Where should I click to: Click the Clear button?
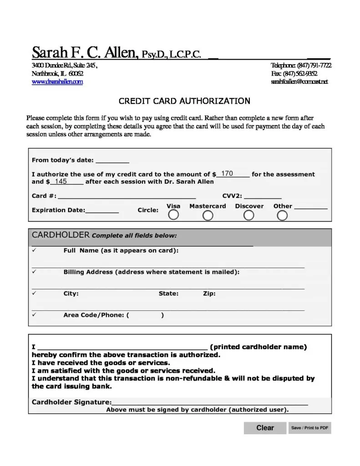coord(265,428)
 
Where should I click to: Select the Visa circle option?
coord(173,215)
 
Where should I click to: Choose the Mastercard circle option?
coord(208,216)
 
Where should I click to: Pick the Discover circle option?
coord(248,216)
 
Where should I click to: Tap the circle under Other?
coord(282,216)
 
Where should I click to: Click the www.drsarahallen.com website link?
coord(57,82)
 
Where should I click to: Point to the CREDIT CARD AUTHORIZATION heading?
coord(184,101)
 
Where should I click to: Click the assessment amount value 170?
coord(227,174)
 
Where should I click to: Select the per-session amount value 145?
coord(61,182)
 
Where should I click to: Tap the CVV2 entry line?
coord(263,197)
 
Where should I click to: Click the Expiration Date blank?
coord(102,210)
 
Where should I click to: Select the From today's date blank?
coord(112,160)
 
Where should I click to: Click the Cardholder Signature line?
coord(209,402)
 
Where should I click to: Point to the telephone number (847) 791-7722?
coord(314,66)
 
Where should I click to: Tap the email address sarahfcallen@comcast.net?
coord(299,82)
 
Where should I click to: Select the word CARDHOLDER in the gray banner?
coord(60,235)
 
